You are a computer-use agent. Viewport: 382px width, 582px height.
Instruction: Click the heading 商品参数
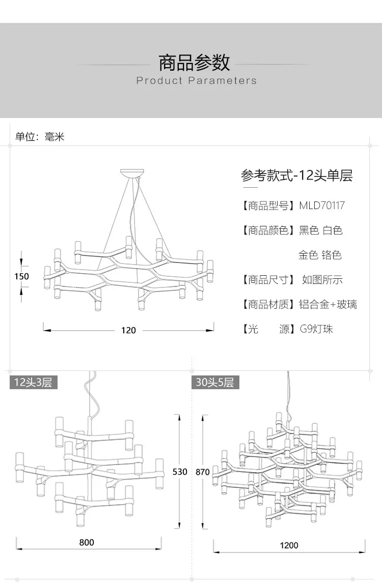pyautogui.click(x=194, y=63)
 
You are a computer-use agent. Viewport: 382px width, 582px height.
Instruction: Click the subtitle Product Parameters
pyautogui.click(x=197, y=80)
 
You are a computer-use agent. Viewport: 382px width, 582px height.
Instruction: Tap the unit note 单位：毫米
pyautogui.click(x=40, y=136)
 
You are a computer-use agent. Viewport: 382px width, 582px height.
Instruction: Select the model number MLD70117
pyautogui.click(x=321, y=206)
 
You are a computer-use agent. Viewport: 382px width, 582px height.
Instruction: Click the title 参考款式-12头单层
pyautogui.click(x=296, y=176)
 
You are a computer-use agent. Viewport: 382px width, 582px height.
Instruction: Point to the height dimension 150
pyautogui.click(x=21, y=276)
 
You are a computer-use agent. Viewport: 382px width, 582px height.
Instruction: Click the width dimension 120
pyautogui.click(x=128, y=330)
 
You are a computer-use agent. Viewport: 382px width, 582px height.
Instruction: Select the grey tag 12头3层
pyautogui.click(x=33, y=382)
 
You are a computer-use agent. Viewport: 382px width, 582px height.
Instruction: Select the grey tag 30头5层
pyautogui.click(x=215, y=382)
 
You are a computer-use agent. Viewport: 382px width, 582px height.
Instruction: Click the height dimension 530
pyautogui.click(x=180, y=472)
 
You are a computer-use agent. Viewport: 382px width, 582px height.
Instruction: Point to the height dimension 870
pyautogui.click(x=202, y=472)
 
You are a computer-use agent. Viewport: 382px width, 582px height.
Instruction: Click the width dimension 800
pyautogui.click(x=87, y=542)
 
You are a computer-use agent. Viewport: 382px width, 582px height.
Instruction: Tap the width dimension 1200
pyautogui.click(x=289, y=545)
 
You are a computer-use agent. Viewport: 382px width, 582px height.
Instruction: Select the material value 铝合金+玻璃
pyautogui.click(x=328, y=304)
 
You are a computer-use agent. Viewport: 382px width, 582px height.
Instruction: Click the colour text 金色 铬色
pyautogui.click(x=320, y=255)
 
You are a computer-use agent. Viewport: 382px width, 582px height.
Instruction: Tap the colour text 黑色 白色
pyautogui.click(x=320, y=230)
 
